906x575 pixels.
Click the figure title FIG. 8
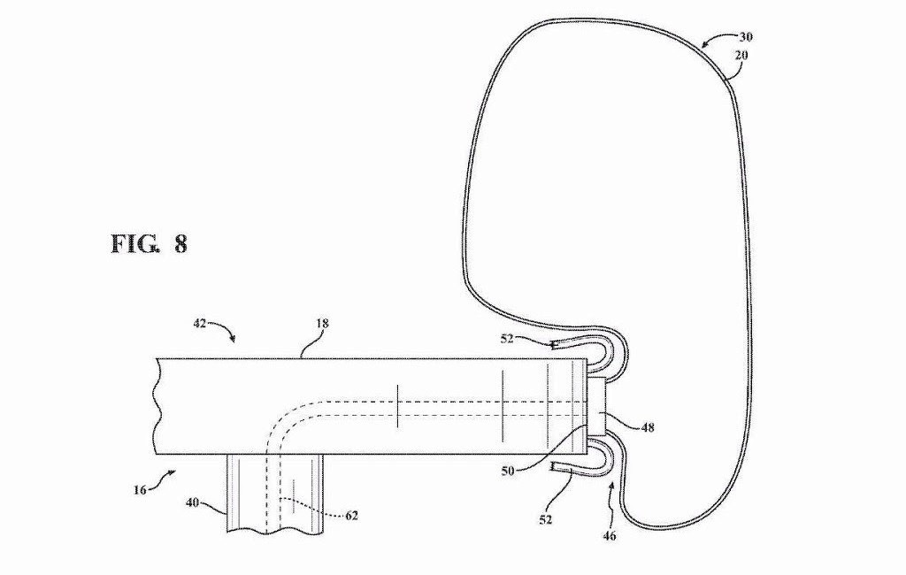coord(149,244)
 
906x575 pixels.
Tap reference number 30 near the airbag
coord(745,37)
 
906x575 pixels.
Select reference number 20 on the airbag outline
coord(741,56)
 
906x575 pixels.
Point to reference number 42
coord(199,324)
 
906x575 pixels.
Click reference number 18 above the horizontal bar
coord(322,324)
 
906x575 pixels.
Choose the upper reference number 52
coord(507,339)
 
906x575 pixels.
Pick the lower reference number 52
coord(545,519)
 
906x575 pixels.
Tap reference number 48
coord(648,428)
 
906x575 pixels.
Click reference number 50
coord(507,471)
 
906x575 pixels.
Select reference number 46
coord(610,536)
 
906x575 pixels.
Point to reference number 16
coord(139,490)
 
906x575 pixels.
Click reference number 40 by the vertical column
coord(192,502)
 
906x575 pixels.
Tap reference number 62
coord(351,515)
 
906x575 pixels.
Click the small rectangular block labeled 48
coord(596,406)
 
